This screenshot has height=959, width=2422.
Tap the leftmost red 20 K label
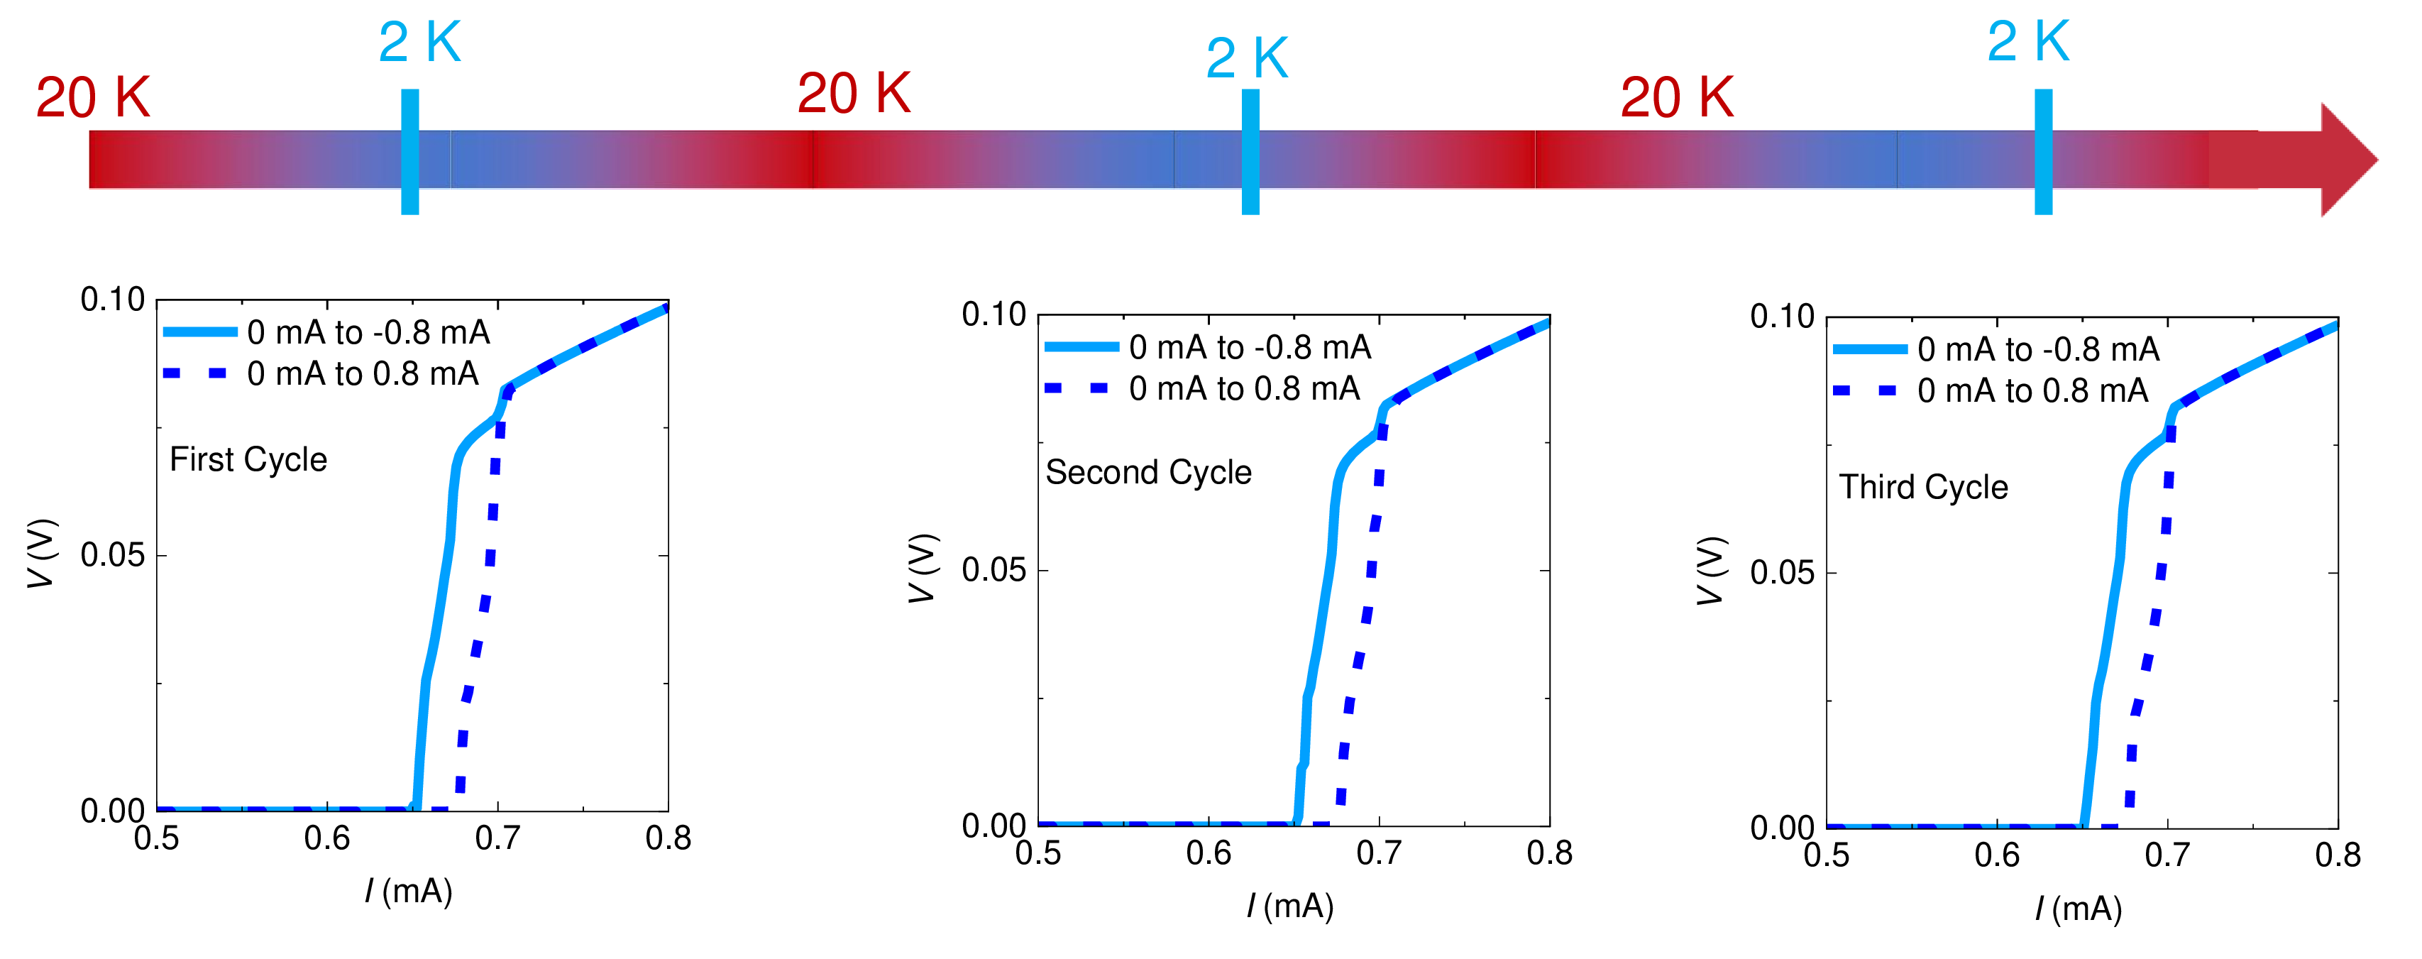coord(92,98)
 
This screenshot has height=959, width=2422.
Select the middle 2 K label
coord(1247,58)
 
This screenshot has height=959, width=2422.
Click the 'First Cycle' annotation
coord(248,460)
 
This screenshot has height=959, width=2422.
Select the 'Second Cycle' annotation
coord(1148,473)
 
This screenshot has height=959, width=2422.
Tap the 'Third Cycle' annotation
coord(1922,488)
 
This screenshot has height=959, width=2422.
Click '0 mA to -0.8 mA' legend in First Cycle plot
coord(368,333)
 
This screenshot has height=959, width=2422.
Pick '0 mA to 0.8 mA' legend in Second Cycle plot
coord(1244,389)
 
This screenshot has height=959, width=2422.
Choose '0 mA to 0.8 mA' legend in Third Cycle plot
coord(2032,391)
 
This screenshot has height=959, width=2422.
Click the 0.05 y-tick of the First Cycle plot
coord(113,556)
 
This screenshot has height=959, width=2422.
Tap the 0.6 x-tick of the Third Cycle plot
coord(1997,855)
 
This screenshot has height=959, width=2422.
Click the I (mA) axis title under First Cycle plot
coord(409,892)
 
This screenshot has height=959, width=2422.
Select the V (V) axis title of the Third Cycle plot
coord(1711,571)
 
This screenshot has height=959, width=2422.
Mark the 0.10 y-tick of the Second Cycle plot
coord(993,315)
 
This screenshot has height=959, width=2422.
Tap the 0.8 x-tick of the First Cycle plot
coord(668,838)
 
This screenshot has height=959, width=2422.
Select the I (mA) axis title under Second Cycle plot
coord(1290,906)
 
